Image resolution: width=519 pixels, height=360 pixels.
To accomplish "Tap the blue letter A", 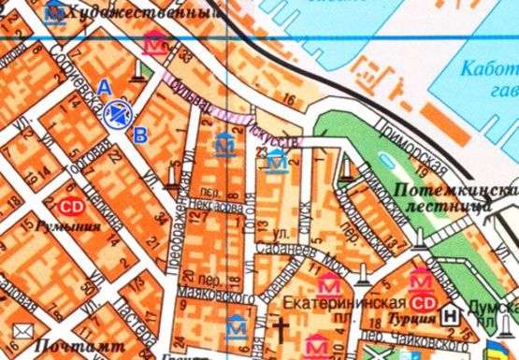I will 105,86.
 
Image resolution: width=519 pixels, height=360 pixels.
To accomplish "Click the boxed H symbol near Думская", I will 453,315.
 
